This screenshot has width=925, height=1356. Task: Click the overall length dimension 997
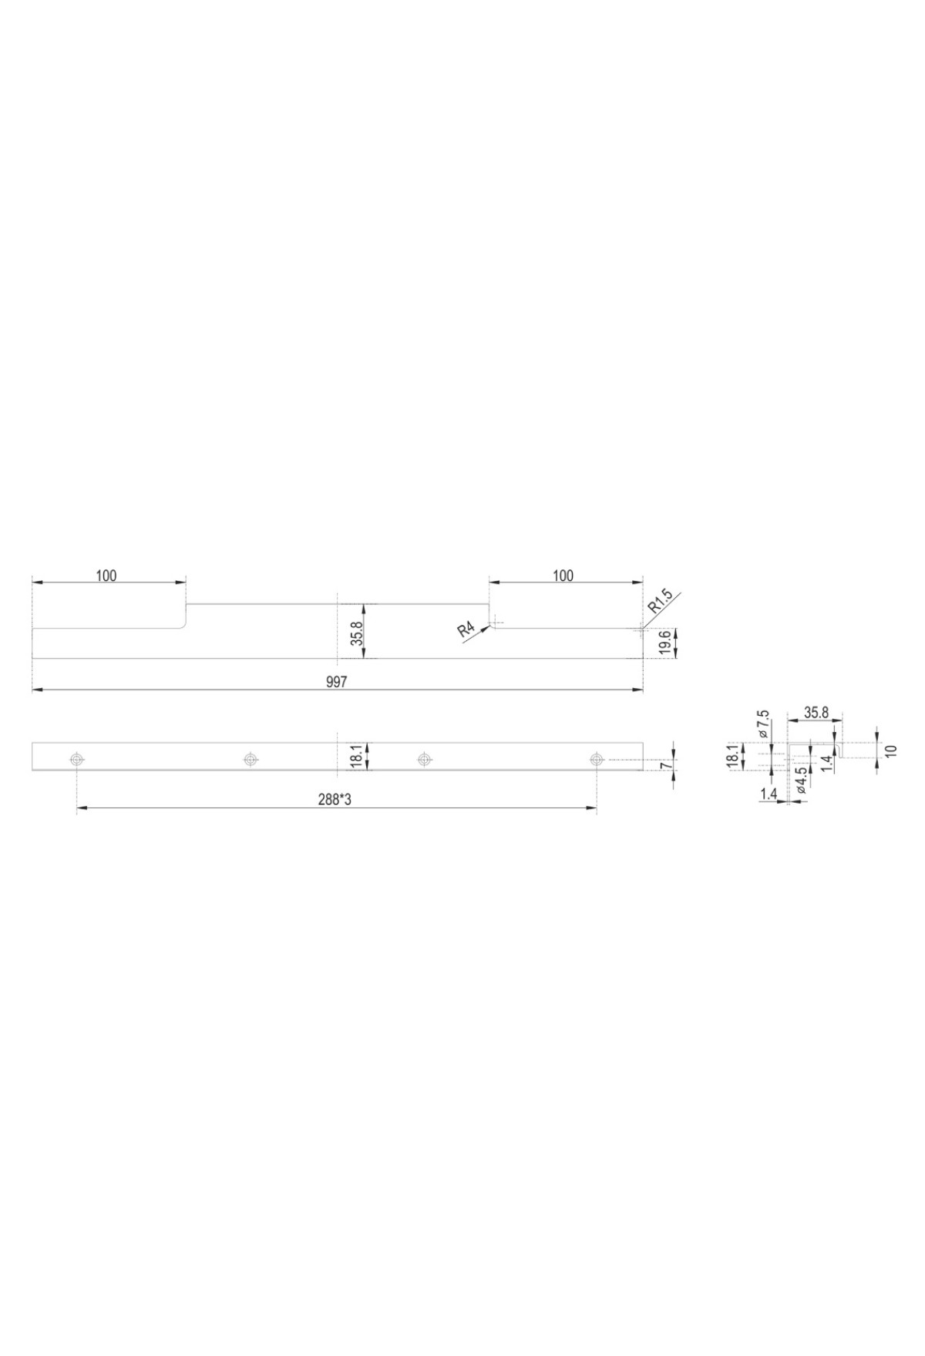(x=338, y=682)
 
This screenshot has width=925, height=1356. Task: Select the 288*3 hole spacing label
(x=335, y=800)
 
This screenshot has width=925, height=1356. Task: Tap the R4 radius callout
(x=466, y=630)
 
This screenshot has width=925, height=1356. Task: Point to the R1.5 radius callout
(x=661, y=600)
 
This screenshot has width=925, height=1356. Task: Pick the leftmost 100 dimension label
(x=106, y=576)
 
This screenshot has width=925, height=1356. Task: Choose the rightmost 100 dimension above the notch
(x=563, y=576)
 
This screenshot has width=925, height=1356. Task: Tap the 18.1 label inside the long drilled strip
(x=355, y=755)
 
